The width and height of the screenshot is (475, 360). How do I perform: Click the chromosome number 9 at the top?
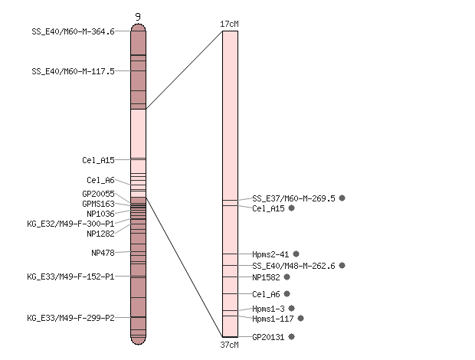(138, 17)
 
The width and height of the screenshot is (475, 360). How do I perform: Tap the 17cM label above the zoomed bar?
(229, 24)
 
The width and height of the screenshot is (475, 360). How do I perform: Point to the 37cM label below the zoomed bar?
(229, 345)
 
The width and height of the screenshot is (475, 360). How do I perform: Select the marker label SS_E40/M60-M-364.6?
(73, 31)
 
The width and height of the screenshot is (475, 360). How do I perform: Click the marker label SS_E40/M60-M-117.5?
(73, 71)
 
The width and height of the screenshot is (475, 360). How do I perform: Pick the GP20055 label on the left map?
(99, 194)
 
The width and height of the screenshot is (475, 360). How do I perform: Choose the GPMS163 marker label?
(99, 204)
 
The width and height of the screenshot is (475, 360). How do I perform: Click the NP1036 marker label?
(100, 214)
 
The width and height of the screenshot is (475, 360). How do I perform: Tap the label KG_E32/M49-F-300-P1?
(71, 224)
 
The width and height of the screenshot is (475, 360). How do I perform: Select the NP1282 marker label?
(100, 234)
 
